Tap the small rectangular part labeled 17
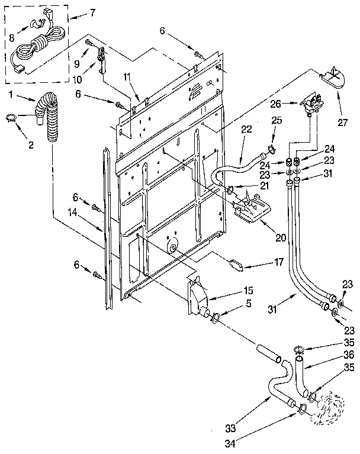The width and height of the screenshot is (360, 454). pyautogui.click(x=237, y=263)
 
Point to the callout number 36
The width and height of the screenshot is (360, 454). pyautogui.click(x=349, y=355)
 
